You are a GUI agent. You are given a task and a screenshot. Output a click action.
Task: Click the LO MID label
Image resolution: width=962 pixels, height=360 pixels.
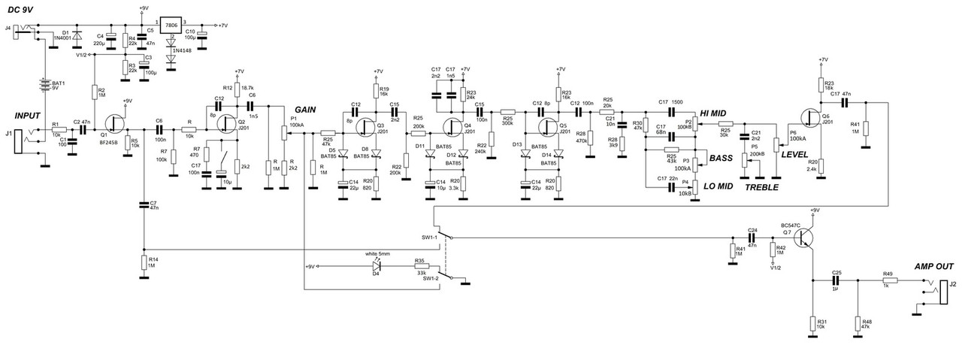[x=719, y=186]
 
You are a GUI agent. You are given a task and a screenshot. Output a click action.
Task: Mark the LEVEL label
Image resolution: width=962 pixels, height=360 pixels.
[x=795, y=154]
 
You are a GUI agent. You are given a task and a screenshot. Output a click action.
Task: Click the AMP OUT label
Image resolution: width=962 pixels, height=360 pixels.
[x=933, y=268]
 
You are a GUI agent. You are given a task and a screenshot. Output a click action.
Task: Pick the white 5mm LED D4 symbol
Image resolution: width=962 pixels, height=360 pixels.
[x=378, y=266]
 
